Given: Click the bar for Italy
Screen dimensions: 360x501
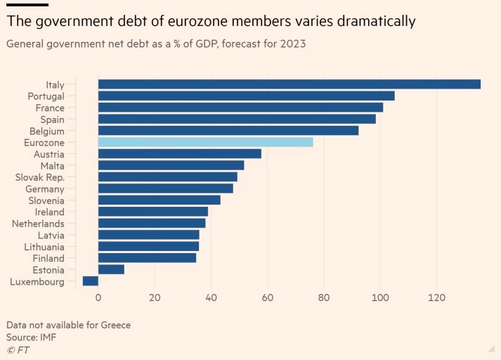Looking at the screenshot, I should pyautogui.click(x=289, y=84).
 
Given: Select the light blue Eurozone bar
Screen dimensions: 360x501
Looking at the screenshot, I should pyautogui.click(x=205, y=142).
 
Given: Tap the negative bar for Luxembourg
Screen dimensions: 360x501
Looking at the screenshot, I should pyautogui.click(x=91, y=281).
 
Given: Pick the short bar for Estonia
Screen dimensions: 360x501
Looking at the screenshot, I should pyautogui.click(x=111, y=269).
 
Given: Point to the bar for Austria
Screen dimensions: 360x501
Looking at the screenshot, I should pyautogui.click(x=179, y=153).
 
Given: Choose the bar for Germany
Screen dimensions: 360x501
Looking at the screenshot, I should pyautogui.click(x=165, y=188).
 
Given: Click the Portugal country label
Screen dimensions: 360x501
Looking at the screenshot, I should pyautogui.click(x=46, y=96).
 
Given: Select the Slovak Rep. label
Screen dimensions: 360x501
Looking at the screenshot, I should pyautogui.click(x=39, y=177).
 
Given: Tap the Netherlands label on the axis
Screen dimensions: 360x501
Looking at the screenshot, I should pyautogui.click(x=38, y=224).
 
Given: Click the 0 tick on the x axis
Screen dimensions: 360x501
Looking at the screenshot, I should pyautogui.click(x=98, y=297).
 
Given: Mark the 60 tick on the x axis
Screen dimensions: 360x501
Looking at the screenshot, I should pyautogui.click(x=268, y=297).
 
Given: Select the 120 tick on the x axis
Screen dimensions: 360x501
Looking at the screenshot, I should pyautogui.click(x=437, y=297).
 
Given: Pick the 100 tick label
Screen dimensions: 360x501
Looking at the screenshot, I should pyautogui.click(x=380, y=297).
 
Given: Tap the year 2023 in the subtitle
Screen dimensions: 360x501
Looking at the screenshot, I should pyautogui.click(x=291, y=44).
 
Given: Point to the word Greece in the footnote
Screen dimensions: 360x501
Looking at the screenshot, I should pyautogui.click(x=114, y=325).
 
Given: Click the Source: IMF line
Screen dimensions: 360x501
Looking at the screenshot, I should pyautogui.click(x=31, y=337).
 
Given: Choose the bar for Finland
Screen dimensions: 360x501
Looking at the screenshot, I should pyautogui.click(x=147, y=258).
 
